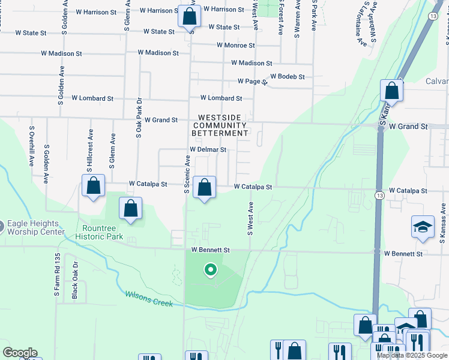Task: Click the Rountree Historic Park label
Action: pos(100,232)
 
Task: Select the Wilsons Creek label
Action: pos(149,298)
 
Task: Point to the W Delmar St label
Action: pos(208,149)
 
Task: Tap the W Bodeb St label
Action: pos(288,77)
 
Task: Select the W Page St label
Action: pos(252,81)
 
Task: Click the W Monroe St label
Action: pos(236,45)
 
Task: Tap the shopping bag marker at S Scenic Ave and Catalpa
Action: pos(205,187)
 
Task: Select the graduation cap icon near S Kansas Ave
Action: pos(423,227)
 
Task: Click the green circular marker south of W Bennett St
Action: pos(210,270)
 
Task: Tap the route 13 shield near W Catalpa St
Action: pos(379,196)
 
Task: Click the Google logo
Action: pos(20,353)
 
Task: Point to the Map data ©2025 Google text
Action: pos(412,355)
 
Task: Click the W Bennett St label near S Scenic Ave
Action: pos(211,250)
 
